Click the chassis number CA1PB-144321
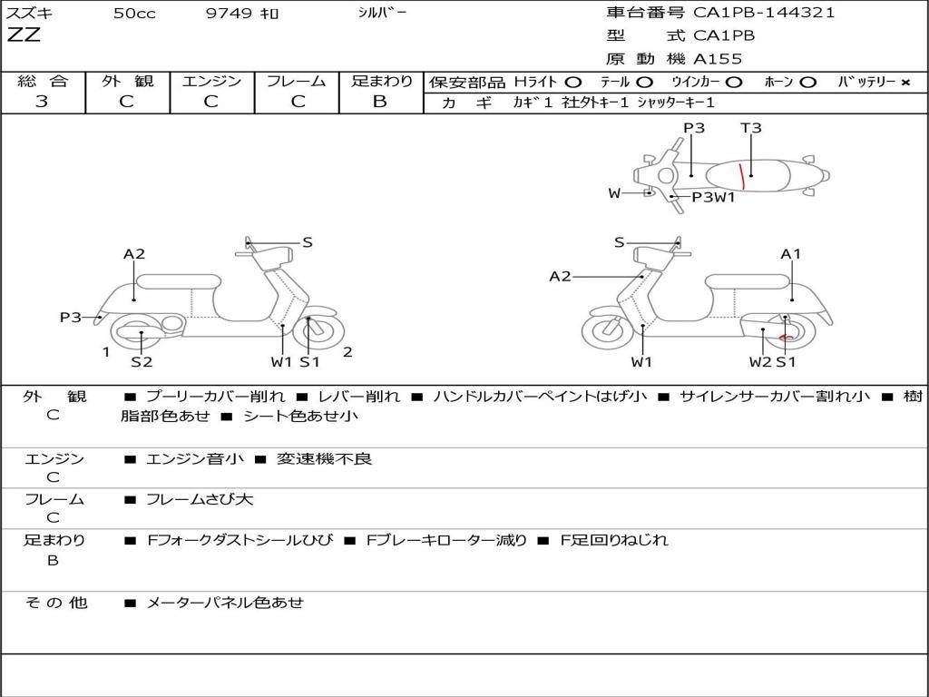(x=764, y=13)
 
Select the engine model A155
(x=718, y=59)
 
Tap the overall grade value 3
(x=42, y=102)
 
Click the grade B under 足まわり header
(x=380, y=102)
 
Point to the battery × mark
(x=905, y=83)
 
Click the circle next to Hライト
(x=573, y=83)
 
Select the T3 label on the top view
(x=750, y=128)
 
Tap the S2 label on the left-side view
(x=142, y=361)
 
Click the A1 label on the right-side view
(x=790, y=254)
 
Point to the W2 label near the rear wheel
(x=760, y=361)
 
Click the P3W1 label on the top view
(x=713, y=197)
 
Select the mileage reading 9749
(x=229, y=13)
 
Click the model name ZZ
(x=24, y=35)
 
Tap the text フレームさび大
(x=200, y=500)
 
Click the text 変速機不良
(x=324, y=458)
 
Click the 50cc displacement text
(x=134, y=13)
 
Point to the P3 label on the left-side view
(x=71, y=317)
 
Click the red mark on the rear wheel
(x=786, y=338)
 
